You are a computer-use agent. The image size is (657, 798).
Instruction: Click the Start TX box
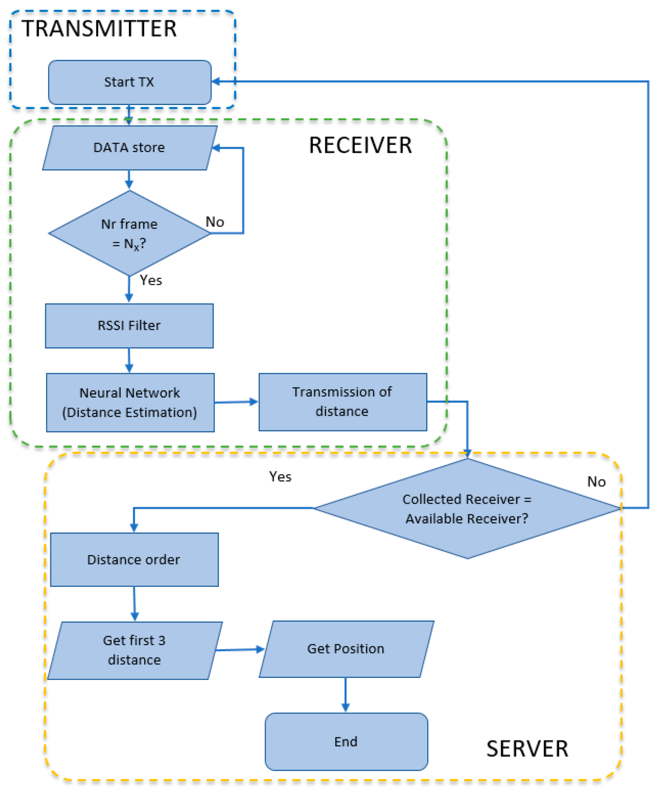(130, 82)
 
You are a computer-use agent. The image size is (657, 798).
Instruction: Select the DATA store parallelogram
(130, 148)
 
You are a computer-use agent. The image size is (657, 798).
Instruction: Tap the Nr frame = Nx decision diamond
(130, 233)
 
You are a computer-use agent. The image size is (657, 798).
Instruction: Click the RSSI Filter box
(129, 326)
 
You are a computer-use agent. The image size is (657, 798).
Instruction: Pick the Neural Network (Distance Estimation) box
(130, 403)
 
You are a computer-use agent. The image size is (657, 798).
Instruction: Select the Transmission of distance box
(343, 402)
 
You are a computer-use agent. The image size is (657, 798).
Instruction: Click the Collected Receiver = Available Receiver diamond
(467, 508)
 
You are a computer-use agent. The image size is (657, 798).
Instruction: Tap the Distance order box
(134, 560)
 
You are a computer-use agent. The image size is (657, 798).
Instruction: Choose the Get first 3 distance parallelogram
(135, 650)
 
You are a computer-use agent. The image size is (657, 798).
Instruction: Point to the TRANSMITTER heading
(99, 28)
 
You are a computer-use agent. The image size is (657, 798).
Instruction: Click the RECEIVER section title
(360, 145)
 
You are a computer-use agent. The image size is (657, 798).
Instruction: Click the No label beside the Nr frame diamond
(215, 222)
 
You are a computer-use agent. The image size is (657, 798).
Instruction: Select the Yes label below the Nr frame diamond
(151, 280)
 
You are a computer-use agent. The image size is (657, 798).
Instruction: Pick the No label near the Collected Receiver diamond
(596, 482)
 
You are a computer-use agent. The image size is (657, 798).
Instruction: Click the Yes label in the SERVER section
(280, 477)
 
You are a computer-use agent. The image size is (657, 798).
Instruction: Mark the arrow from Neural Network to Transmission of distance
(236, 402)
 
